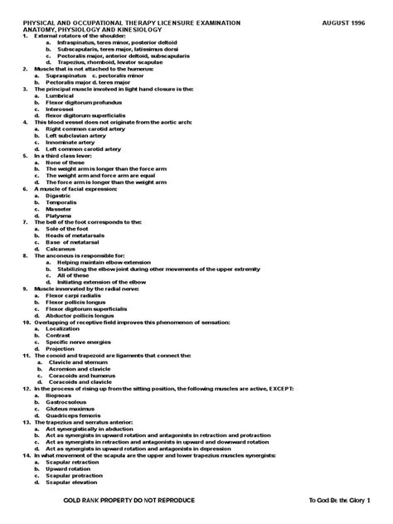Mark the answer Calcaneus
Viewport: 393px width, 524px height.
pos(61,248)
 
